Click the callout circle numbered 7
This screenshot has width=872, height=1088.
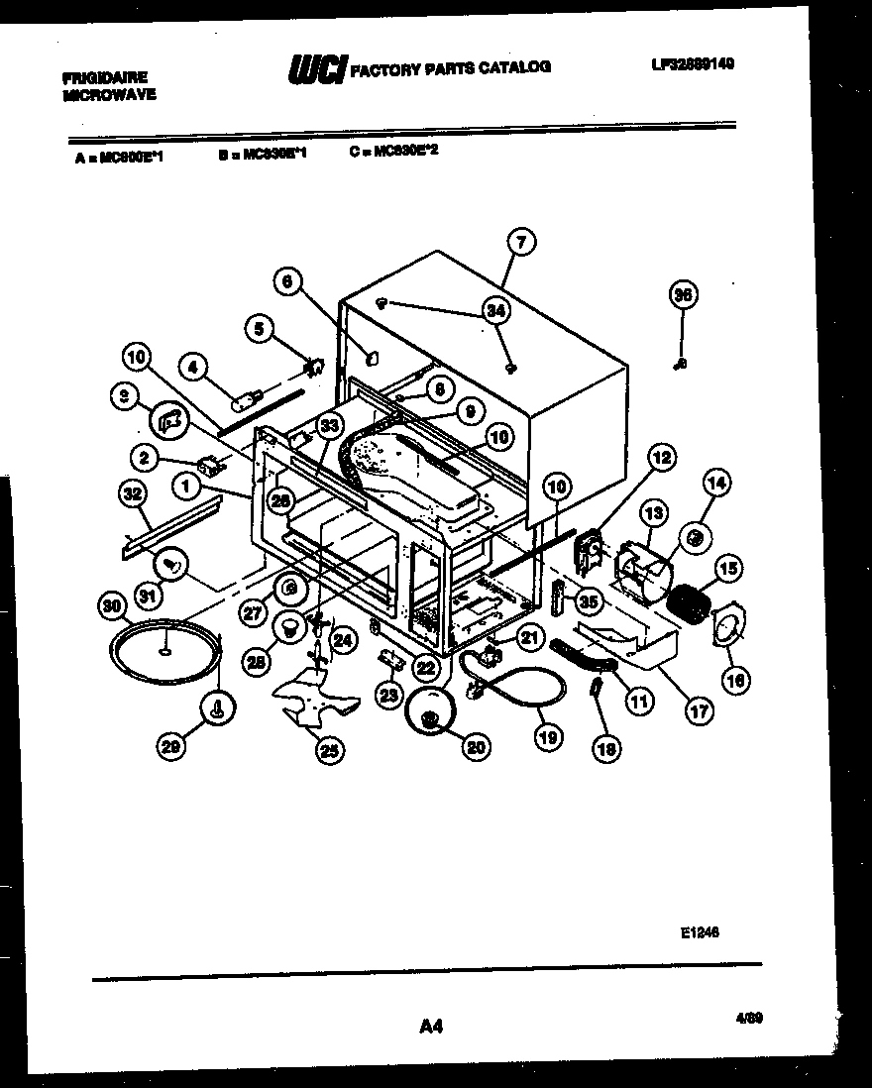(x=521, y=242)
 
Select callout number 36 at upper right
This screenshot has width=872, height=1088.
(x=683, y=294)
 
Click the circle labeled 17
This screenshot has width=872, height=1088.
(x=700, y=709)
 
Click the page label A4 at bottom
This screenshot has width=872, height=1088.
(x=430, y=1028)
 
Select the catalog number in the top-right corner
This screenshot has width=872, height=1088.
(x=693, y=64)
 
